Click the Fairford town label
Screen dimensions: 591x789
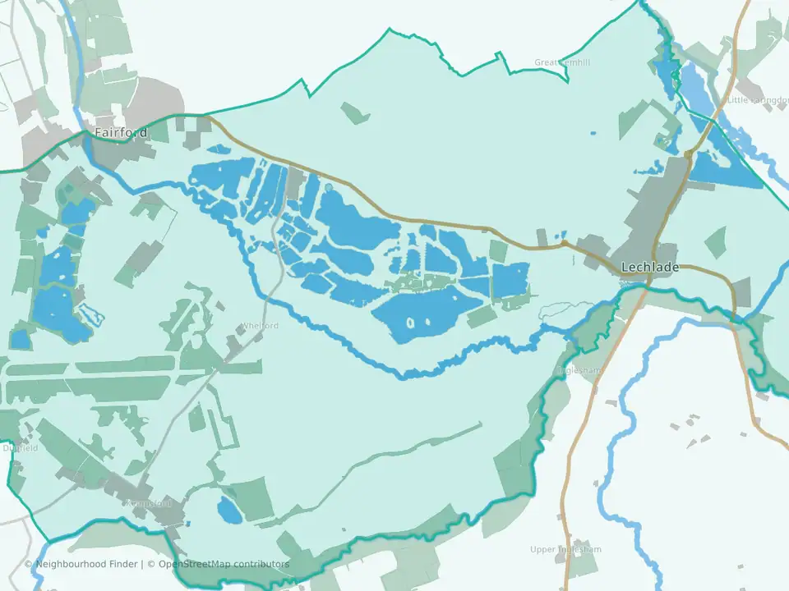(x=121, y=132)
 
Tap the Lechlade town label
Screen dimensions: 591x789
(x=650, y=267)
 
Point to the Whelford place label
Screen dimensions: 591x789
(x=260, y=326)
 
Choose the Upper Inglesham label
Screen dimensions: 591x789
(x=565, y=549)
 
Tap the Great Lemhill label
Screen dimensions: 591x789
(x=562, y=62)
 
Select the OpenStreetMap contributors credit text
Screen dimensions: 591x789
(x=224, y=564)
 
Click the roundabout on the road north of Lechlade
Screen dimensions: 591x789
(x=688, y=153)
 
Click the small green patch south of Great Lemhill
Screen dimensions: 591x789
(x=355, y=112)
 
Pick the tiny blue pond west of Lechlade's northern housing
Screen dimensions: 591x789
(x=593, y=133)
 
